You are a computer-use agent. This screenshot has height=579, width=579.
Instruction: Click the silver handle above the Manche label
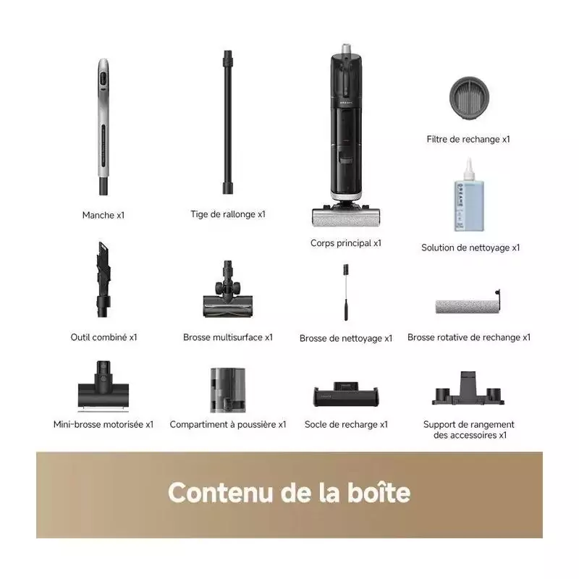click(x=103, y=127)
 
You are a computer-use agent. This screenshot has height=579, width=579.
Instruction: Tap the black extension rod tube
click(x=228, y=122)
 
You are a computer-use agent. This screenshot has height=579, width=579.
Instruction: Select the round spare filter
click(x=469, y=98)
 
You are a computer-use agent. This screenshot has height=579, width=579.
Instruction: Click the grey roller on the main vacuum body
click(x=346, y=218)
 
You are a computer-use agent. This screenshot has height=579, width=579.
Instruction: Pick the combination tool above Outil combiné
click(x=103, y=279)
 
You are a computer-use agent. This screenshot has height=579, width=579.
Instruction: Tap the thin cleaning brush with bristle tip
click(x=346, y=292)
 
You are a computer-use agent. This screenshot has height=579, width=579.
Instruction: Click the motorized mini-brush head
click(x=103, y=386)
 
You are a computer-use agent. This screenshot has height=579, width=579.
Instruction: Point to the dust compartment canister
click(x=228, y=390)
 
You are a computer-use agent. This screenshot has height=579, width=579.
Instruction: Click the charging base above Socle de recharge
click(x=346, y=394)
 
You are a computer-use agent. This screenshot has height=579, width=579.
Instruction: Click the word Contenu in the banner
click(x=220, y=493)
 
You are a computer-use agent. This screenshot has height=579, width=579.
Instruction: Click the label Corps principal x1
click(x=346, y=243)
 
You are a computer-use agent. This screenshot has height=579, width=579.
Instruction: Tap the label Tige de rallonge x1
click(x=228, y=214)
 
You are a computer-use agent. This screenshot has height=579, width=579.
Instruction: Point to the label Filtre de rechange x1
click(x=468, y=139)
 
